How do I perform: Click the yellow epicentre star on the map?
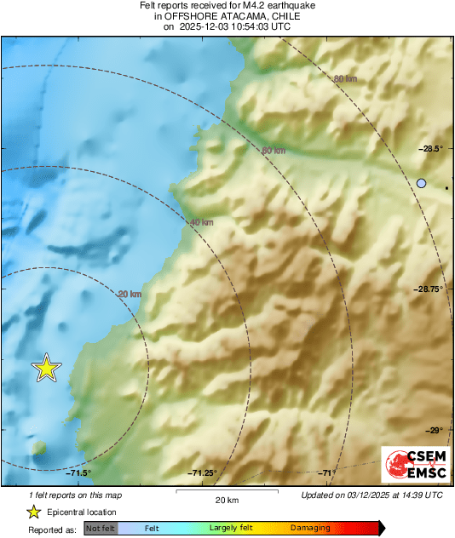click(47, 368)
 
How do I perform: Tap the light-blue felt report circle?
click(421, 183)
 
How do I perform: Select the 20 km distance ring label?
click(129, 294)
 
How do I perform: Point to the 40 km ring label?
click(201, 222)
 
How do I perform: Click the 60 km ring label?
click(273, 151)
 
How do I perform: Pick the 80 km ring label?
click(344, 79)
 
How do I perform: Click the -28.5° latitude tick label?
click(431, 149)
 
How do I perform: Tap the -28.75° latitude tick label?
click(429, 289)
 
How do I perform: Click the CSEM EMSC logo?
click(412, 466)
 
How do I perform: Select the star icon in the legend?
click(33, 512)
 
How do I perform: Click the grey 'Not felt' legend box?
click(100, 529)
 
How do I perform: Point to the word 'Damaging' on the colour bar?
click(310, 529)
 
